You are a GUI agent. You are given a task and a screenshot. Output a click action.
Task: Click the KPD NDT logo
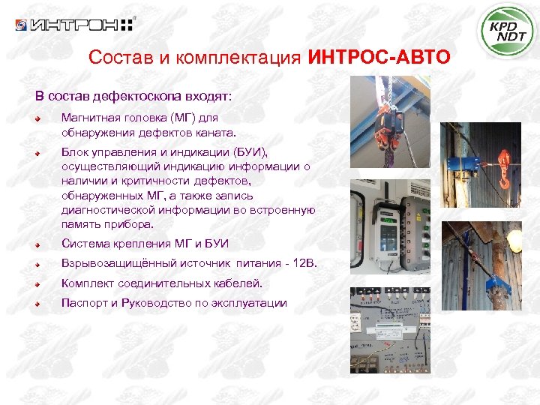508,31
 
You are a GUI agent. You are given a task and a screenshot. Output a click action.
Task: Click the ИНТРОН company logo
75,25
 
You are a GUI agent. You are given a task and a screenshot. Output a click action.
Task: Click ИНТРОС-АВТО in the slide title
379,58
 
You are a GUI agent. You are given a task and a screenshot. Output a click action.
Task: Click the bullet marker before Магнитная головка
37,118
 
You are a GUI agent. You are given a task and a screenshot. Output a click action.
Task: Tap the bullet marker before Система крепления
37,244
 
